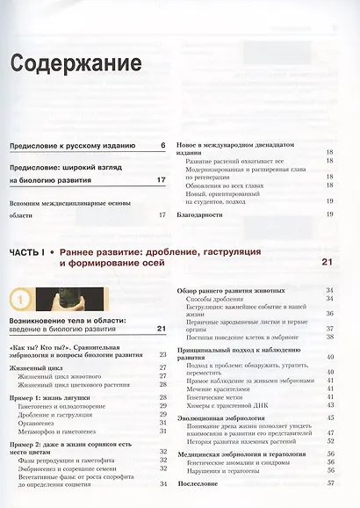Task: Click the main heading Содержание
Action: click(76, 63)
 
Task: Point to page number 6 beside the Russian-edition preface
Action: click(163, 145)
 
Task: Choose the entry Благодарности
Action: click(205, 214)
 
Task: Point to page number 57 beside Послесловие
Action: click(330, 483)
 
